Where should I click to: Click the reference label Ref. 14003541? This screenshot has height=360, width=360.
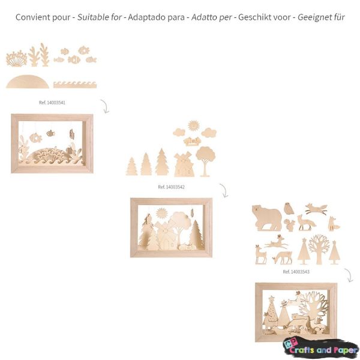(52, 103)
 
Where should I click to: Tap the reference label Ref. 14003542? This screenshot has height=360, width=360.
(171, 187)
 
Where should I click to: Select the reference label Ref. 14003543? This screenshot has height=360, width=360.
(296, 272)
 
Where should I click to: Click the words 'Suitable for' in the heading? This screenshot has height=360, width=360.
(99, 17)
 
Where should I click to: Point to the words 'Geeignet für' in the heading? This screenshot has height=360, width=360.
(321, 17)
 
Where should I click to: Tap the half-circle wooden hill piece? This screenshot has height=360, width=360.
(28, 82)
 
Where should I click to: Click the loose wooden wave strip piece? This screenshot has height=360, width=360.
(75, 85)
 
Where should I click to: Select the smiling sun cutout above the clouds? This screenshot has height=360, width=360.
(193, 125)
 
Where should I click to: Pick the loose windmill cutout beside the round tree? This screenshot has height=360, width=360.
(184, 164)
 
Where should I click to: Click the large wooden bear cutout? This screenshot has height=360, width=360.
(266, 218)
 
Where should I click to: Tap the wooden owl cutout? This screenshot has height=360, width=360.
(289, 208)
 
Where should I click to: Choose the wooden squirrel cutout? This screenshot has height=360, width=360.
(290, 225)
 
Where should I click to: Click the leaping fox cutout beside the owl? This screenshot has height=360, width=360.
(316, 209)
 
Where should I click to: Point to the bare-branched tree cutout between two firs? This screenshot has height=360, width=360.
(319, 249)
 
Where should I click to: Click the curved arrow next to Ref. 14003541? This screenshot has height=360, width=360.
(105, 106)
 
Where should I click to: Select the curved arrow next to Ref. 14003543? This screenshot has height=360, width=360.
(349, 275)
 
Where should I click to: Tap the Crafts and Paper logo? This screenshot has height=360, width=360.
(321, 348)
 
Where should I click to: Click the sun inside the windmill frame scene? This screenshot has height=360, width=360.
(161, 213)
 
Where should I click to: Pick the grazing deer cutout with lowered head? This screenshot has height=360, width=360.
(283, 258)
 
